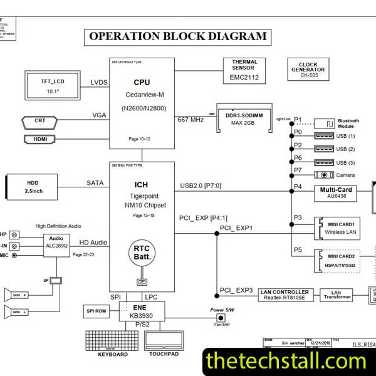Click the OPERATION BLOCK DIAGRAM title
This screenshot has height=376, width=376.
point(178,36)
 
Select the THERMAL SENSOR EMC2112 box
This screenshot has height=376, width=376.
point(244,71)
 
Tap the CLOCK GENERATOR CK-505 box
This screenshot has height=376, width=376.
point(308,69)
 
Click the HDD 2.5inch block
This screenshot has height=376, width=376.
point(32,186)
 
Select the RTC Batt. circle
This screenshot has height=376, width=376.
point(142,253)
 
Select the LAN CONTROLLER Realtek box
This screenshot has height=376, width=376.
point(286,295)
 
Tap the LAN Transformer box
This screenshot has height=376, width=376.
point(336,295)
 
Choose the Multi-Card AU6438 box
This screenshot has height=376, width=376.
point(337,192)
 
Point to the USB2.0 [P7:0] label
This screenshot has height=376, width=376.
point(201,185)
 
